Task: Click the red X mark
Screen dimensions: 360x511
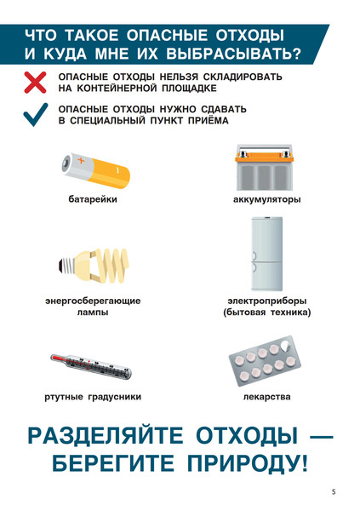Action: click(x=35, y=83)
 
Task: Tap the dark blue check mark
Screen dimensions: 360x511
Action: click(x=35, y=115)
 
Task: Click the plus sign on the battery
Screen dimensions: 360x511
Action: click(x=81, y=160)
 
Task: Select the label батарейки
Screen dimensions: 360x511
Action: click(x=93, y=199)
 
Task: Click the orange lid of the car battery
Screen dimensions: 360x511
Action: click(x=264, y=159)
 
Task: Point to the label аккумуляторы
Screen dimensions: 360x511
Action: click(x=267, y=199)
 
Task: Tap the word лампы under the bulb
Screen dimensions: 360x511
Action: click(x=93, y=313)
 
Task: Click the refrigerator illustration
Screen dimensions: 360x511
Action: click(x=266, y=254)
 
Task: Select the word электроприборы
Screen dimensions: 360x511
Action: click(x=267, y=301)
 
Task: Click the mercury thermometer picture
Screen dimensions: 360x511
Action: click(x=91, y=366)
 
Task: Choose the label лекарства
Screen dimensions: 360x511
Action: click(x=267, y=397)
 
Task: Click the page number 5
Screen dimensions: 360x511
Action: click(x=334, y=491)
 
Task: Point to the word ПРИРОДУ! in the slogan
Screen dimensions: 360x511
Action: click(x=248, y=463)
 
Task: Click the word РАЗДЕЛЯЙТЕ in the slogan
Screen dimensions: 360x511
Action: click(x=106, y=436)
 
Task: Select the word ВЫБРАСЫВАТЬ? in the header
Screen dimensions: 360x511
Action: click(x=233, y=55)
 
